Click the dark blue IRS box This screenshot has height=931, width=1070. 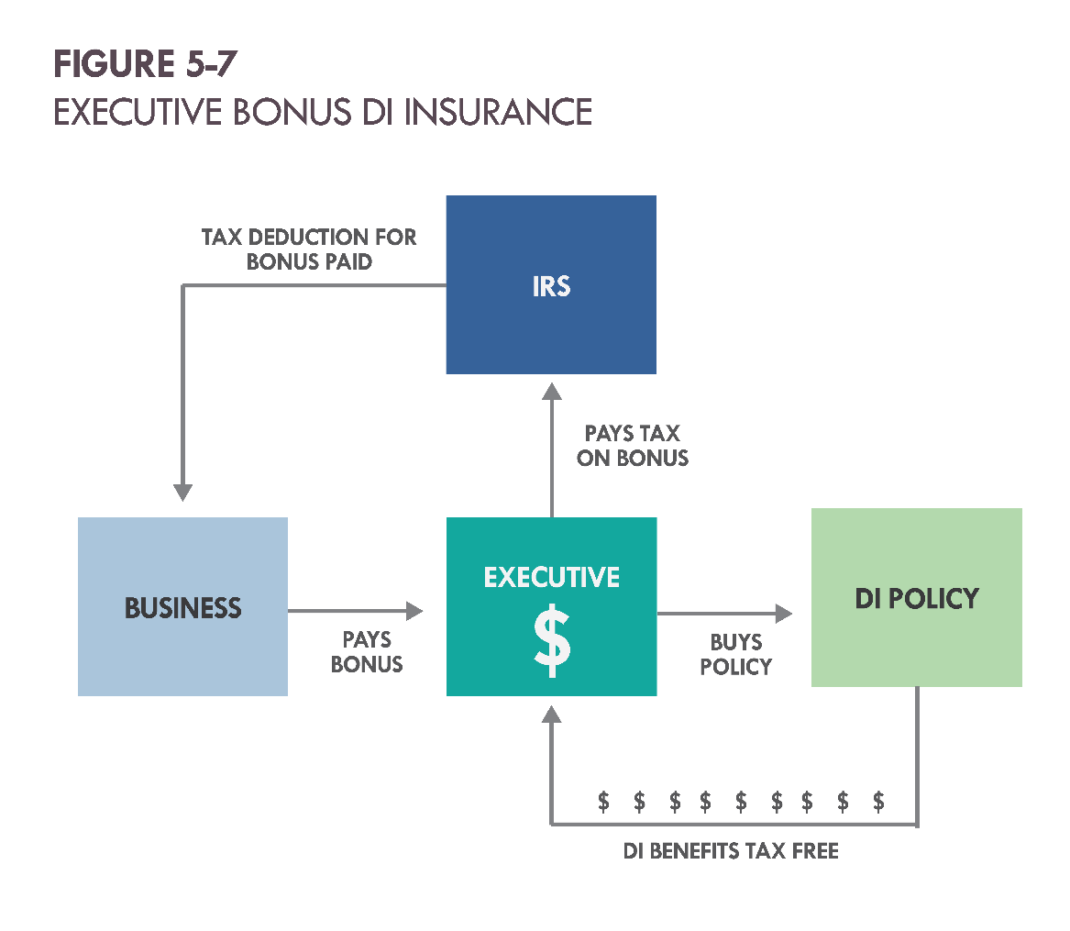(551, 284)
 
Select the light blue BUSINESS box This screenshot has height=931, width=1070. (182, 607)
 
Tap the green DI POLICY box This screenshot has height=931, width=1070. (917, 597)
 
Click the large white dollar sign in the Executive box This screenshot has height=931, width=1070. (552, 641)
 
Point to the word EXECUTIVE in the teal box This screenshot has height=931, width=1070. (552, 578)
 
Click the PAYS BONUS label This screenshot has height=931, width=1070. (367, 652)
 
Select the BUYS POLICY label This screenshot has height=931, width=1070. (736, 655)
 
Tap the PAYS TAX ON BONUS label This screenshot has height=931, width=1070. (633, 446)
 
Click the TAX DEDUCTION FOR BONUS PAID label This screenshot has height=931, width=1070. (309, 249)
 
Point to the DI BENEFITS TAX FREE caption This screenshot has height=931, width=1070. (731, 851)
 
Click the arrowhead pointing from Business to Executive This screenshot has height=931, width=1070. (414, 611)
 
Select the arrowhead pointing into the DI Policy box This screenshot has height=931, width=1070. (784, 614)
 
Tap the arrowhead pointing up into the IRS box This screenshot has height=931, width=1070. (552, 391)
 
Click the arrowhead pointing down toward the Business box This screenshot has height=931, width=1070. (182, 493)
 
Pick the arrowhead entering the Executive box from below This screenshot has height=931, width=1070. (551, 714)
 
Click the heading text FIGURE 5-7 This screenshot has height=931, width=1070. (146, 64)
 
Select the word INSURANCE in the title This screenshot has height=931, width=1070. (498, 112)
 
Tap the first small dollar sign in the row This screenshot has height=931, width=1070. (603, 802)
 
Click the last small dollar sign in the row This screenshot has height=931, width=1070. (879, 802)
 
